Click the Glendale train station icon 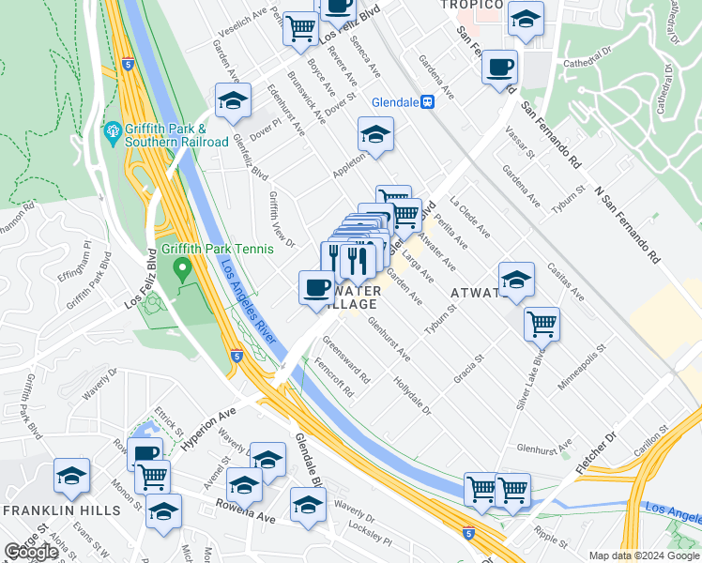click(427, 102)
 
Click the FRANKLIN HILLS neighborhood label click(61, 510)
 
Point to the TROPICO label click(474, 4)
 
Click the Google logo click(31, 552)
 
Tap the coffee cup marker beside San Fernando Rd click(499, 68)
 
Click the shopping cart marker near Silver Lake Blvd click(542, 324)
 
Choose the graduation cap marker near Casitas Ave click(515, 280)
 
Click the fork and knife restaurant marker click(357, 260)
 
